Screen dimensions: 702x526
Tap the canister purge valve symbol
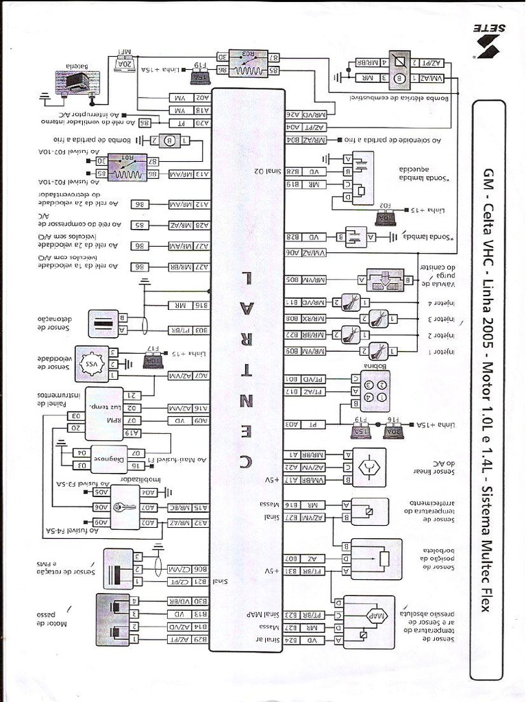coord(385,280)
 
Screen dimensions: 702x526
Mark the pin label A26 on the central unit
coord(290,115)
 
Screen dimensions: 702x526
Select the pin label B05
coord(290,280)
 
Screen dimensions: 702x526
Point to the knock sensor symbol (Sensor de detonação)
coord(104,323)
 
